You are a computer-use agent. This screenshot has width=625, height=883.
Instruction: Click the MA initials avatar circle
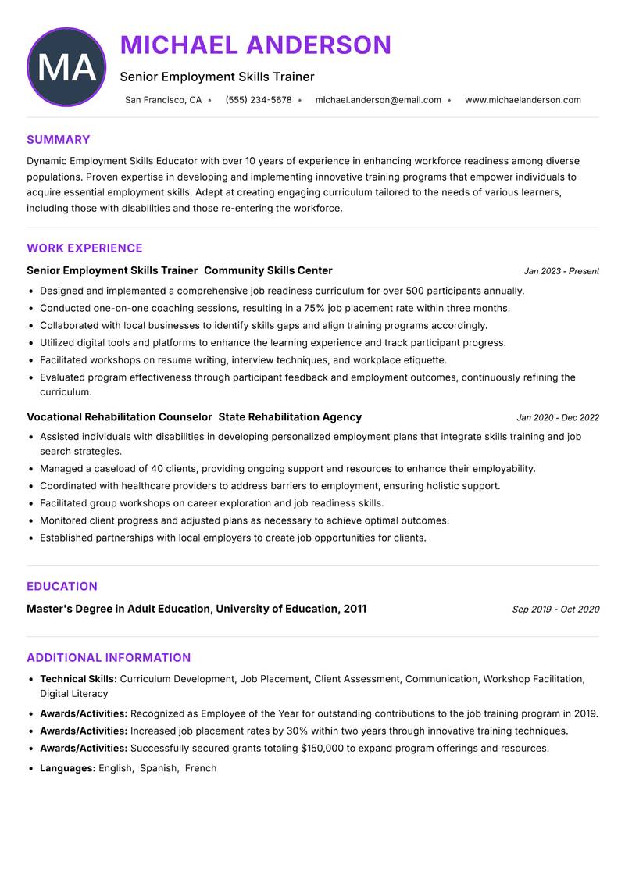(66, 67)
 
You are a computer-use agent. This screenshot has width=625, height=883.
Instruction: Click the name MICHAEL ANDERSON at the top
(255, 45)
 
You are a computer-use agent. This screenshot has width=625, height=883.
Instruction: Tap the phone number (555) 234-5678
(259, 100)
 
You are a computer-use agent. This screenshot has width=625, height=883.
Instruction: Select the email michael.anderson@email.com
(378, 100)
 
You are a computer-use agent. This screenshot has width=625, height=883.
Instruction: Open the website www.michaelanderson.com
(523, 100)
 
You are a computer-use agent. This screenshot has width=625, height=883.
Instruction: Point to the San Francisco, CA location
(163, 100)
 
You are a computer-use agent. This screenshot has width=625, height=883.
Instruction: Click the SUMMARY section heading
(59, 140)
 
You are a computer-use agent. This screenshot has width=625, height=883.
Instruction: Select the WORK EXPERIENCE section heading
(84, 248)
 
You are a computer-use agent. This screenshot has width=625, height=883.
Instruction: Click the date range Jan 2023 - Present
(561, 271)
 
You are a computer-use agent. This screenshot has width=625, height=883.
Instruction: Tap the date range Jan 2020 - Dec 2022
(558, 418)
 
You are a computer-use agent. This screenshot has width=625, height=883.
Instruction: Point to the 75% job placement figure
(292, 308)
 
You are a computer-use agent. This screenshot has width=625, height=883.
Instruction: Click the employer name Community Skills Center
(268, 270)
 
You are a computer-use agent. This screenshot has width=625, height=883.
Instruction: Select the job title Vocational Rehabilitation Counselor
(120, 417)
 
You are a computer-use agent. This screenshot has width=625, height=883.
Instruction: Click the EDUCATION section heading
(62, 587)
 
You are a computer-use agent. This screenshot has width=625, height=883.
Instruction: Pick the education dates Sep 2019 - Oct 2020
(555, 610)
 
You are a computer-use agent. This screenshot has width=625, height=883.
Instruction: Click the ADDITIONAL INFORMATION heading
(109, 658)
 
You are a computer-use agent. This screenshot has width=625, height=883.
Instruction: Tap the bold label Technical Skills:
(78, 679)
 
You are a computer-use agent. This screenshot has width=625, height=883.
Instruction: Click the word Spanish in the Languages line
(159, 768)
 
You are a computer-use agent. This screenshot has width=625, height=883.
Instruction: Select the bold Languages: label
(68, 768)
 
